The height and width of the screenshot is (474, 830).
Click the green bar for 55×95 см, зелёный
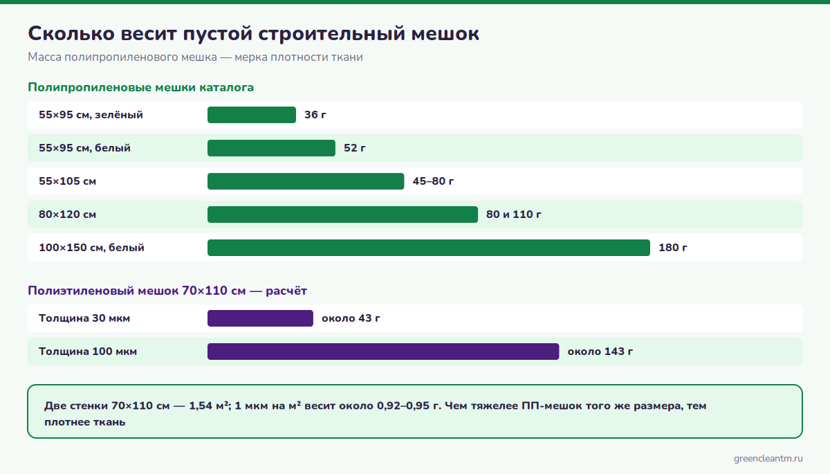252,115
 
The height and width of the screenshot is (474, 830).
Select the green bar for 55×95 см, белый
271,148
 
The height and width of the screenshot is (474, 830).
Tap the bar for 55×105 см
306,181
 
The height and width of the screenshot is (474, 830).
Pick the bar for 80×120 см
342,215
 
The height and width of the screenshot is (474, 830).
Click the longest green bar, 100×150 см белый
429,248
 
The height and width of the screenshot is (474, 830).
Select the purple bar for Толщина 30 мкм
260,318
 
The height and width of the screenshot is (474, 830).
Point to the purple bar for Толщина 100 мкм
383,352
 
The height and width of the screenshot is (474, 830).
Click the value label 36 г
315,115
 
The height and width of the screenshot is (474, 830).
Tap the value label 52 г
355,148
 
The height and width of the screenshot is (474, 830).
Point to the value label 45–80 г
433,181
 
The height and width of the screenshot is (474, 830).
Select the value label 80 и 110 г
513,215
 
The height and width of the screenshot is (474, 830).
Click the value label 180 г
673,248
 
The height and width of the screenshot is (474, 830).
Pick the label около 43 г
351,318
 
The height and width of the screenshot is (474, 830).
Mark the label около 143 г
600,352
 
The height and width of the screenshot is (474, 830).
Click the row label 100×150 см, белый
91,248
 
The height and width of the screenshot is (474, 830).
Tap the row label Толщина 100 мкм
88,352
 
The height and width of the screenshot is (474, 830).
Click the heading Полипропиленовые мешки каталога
141,87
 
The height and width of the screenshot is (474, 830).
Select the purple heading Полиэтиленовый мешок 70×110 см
137,291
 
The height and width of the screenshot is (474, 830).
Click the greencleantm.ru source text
768,459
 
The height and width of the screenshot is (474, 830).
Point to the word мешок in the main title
445,34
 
